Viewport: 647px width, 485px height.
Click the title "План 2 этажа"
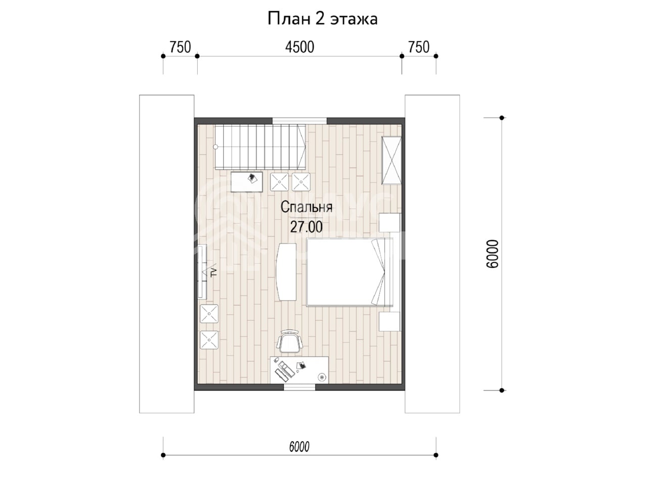click(322, 19)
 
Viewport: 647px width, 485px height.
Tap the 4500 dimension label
click(299, 47)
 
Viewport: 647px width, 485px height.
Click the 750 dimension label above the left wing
click(180, 47)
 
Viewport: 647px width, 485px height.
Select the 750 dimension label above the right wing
click(419, 47)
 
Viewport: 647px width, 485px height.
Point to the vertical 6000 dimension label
click(492, 254)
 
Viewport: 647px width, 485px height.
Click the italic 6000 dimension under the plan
click(299, 447)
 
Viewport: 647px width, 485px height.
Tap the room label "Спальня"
click(306, 207)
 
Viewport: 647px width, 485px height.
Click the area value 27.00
click(306, 227)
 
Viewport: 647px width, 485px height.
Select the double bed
click(350, 272)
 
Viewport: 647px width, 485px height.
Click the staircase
click(260, 147)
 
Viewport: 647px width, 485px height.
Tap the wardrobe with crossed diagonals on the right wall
click(391, 161)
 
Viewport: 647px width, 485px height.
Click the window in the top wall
click(299, 120)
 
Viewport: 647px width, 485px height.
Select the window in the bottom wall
click(299, 387)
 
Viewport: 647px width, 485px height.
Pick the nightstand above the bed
click(389, 223)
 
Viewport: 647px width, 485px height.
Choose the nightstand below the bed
click(389, 322)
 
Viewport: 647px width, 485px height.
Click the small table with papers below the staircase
click(247, 182)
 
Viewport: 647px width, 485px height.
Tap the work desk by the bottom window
click(299, 370)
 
